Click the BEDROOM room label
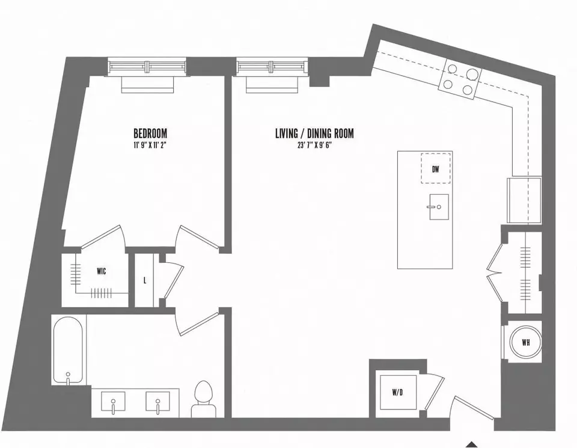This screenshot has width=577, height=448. [150, 133]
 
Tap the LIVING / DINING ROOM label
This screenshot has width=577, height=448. [314, 133]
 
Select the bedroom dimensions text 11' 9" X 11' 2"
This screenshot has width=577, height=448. [150, 145]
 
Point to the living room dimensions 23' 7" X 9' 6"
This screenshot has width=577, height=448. [314, 145]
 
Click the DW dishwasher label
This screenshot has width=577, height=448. [436, 170]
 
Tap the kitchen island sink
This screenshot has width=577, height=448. [439, 207]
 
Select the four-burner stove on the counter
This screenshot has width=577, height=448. [460, 79]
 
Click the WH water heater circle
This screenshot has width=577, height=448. [526, 342]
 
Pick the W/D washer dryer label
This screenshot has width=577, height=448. [397, 393]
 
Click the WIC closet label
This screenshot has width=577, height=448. [101, 271]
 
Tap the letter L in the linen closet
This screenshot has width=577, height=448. [145, 280]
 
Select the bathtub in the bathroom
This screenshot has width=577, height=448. [68, 350]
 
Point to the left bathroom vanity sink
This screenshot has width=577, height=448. [113, 403]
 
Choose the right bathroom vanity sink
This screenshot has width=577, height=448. [158, 403]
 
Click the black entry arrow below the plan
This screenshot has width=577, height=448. [473, 444]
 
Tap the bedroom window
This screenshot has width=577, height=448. [147, 66]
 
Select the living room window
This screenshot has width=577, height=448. [272, 66]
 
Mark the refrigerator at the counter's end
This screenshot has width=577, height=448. [524, 200]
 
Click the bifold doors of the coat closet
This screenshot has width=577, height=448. [494, 273]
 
